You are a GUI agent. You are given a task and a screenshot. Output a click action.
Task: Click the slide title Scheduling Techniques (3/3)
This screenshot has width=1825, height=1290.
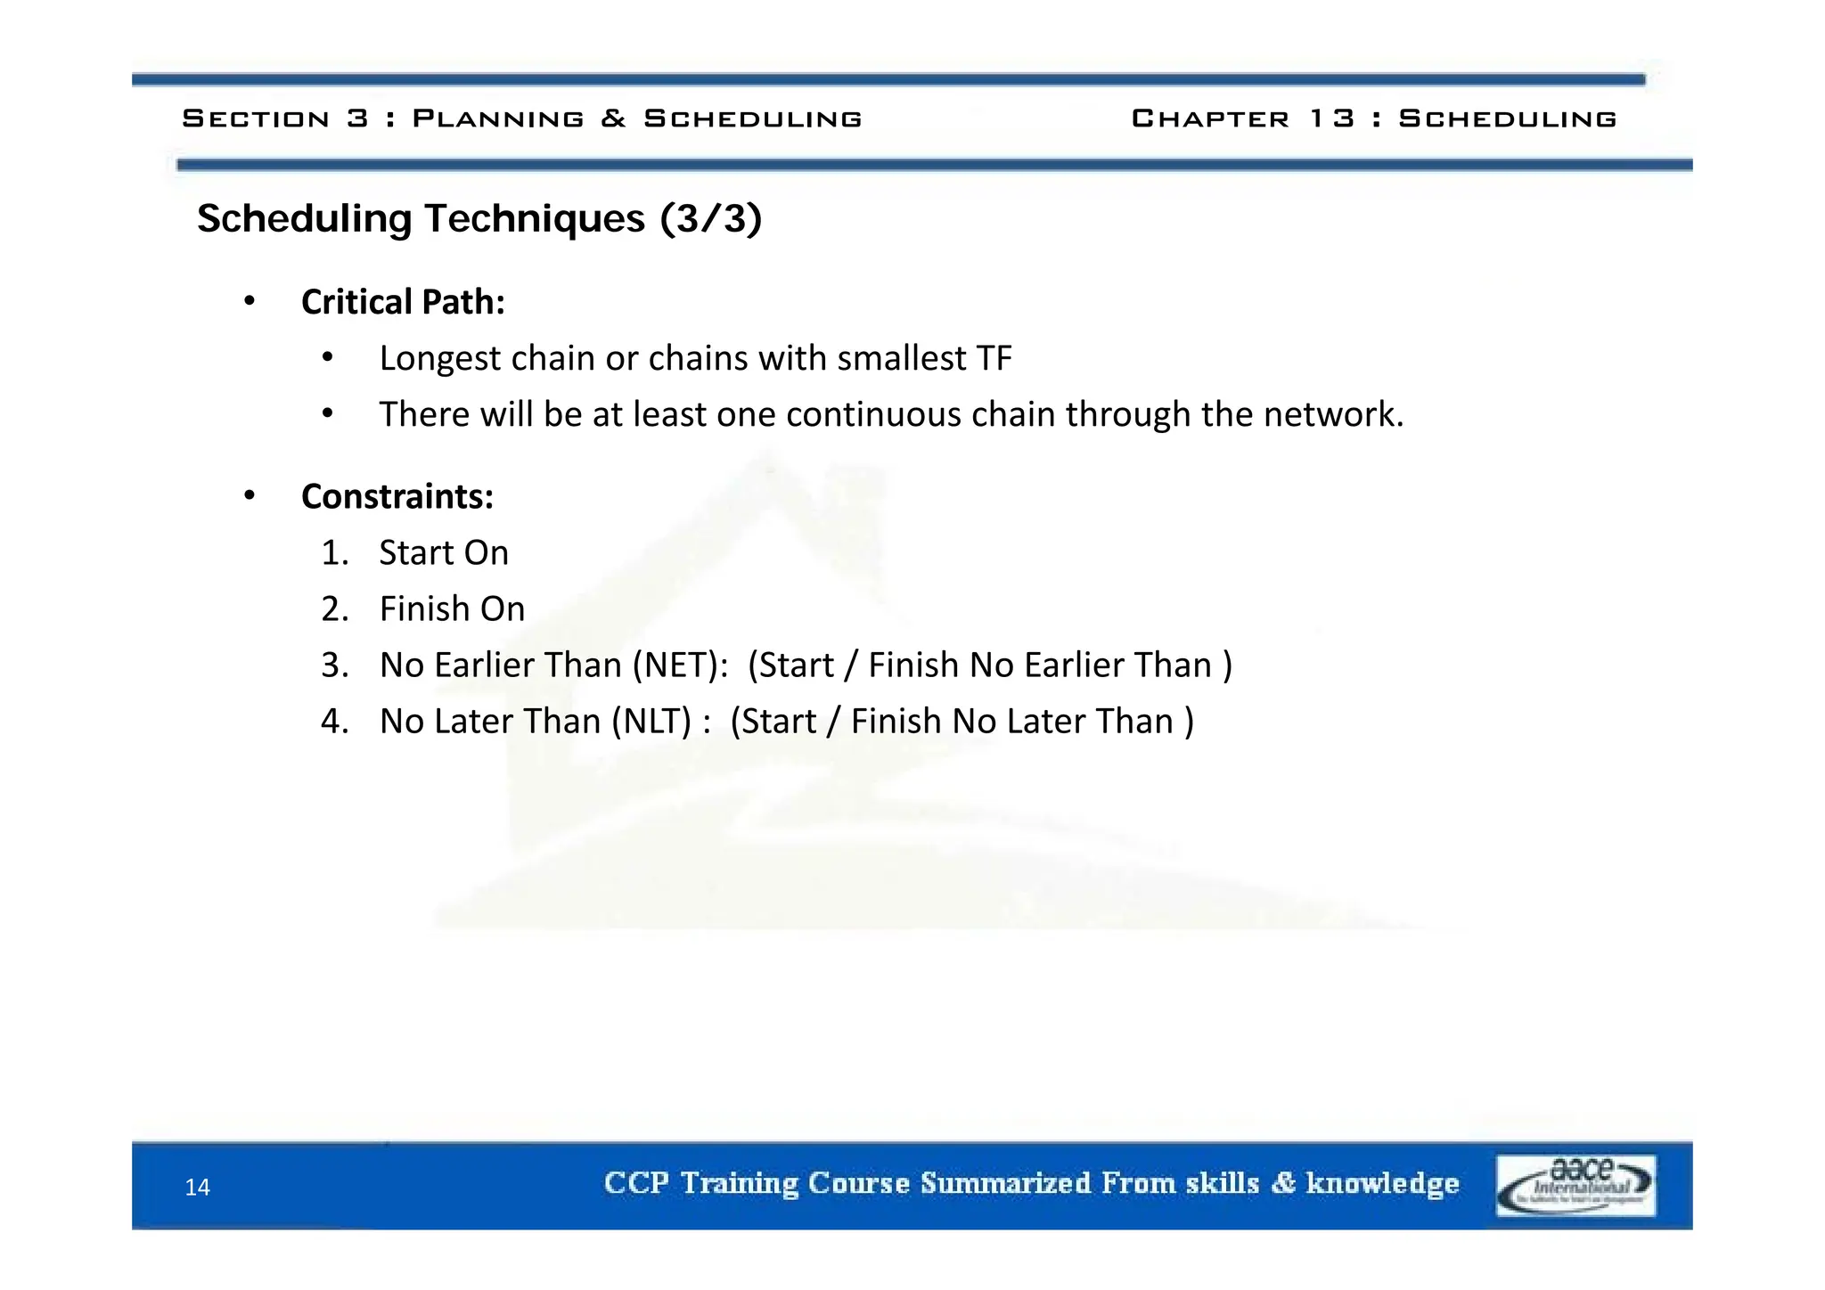479,218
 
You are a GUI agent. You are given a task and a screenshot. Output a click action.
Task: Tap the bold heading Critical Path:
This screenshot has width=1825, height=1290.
403,302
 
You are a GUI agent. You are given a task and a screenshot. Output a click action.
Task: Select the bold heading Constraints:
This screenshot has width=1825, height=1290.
397,496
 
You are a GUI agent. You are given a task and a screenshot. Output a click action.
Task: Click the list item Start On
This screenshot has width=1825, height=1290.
444,552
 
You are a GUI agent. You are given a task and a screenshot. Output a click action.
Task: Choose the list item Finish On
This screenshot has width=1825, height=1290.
452,608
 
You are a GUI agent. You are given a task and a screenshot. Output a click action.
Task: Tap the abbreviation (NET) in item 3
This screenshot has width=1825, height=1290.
680,665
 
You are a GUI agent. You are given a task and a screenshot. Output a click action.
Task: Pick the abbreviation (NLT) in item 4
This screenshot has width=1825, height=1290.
651,721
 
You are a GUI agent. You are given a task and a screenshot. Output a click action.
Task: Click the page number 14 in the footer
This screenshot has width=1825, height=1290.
197,1187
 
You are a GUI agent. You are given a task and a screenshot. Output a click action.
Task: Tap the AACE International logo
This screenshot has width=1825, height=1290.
1575,1185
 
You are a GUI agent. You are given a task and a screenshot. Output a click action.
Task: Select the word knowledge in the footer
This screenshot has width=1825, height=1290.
1382,1183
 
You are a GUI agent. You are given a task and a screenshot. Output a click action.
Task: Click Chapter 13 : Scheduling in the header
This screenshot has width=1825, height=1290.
1373,118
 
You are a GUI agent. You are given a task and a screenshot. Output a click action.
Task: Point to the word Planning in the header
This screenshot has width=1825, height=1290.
498,118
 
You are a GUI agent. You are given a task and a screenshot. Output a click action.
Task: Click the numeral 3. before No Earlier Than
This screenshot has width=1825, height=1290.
334,665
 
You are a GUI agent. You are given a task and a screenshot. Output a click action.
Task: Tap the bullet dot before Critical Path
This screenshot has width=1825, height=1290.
250,302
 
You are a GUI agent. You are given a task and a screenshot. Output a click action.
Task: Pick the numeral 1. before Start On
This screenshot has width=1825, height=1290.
334,552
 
